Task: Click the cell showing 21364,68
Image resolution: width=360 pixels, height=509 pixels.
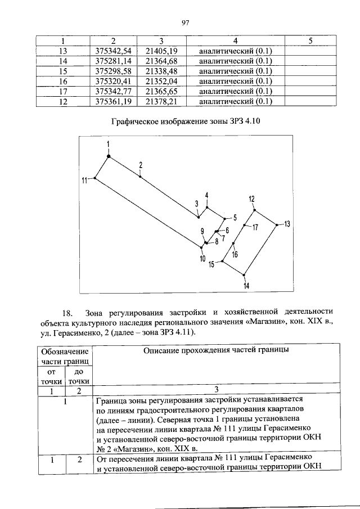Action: point(161,61)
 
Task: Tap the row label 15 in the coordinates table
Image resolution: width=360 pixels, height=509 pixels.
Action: point(63,71)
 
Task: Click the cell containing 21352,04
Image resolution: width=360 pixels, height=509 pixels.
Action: point(161,81)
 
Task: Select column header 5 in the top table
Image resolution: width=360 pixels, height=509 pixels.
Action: point(310,41)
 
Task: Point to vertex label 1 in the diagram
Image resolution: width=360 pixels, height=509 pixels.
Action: point(109,145)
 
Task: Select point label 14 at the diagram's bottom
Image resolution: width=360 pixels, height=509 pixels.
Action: point(246,286)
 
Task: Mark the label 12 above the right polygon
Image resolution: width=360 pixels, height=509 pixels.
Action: point(252,199)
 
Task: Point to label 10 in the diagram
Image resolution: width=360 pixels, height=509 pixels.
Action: point(202,259)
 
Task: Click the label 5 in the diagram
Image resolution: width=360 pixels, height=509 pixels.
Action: point(235,217)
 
